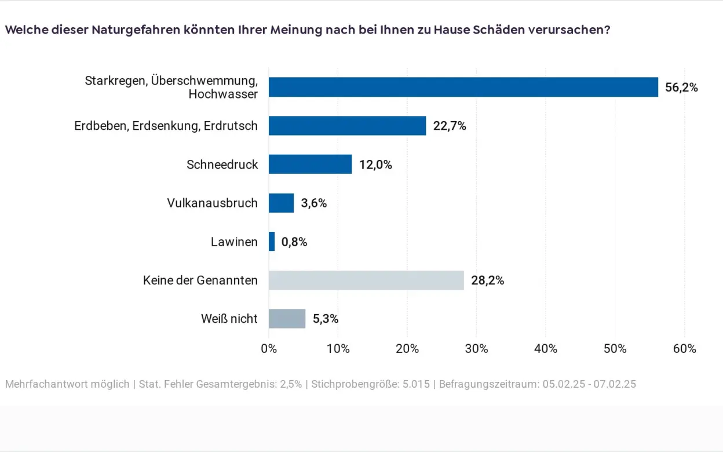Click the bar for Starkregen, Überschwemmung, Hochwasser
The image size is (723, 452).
463,87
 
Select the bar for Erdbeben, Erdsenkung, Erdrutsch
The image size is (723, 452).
348,126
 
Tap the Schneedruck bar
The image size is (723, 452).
311,164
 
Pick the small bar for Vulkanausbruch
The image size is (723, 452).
282,203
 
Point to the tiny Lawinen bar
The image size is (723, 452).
272,242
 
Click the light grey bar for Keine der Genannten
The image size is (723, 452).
366,280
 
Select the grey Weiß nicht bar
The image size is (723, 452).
287,319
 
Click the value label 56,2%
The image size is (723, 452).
681,88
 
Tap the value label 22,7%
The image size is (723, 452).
450,126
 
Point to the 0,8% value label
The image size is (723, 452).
294,242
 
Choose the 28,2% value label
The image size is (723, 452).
487,281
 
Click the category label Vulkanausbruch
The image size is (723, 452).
212,203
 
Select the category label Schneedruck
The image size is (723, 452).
222,165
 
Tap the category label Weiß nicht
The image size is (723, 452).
229,319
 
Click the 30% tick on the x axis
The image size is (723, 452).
476,349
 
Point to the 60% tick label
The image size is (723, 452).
684,349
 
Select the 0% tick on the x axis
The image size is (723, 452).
269,349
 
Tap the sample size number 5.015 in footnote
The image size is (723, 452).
417,384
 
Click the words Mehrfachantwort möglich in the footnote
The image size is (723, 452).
67,384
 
